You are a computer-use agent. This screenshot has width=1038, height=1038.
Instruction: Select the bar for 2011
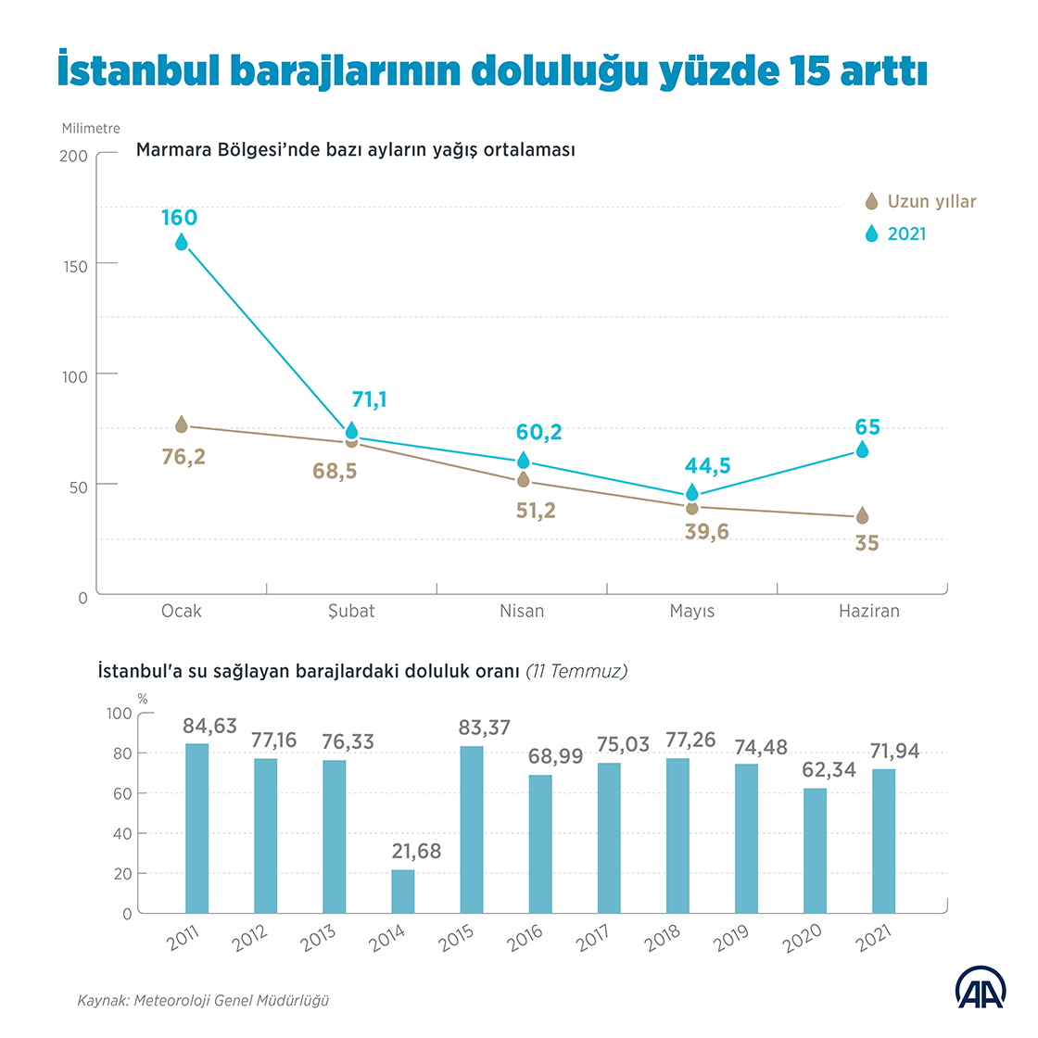(x=197, y=829)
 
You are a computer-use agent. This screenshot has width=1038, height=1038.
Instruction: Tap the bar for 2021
(x=883, y=842)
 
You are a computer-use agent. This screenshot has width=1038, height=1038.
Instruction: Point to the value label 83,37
(x=485, y=728)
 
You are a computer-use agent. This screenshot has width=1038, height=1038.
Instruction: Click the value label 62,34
(x=829, y=769)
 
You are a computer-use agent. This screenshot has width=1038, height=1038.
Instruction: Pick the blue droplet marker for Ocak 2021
(x=182, y=242)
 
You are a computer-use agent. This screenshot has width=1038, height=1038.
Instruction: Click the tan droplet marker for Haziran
(x=863, y=515)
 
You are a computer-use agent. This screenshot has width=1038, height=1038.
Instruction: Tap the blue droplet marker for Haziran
(x=863, y=449)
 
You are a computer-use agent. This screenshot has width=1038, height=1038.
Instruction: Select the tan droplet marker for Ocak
(x=182, y=424)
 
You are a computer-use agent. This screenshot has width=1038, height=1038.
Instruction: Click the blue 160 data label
(x=179, y=218)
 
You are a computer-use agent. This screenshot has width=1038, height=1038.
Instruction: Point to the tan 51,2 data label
(x=536, y=510)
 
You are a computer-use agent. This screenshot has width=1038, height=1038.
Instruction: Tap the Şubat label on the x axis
(x=351, y=611)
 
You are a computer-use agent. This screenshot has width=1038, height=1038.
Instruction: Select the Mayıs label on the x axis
(x=692, y=611)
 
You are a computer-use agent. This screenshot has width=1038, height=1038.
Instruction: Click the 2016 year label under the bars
(x=525, y=939)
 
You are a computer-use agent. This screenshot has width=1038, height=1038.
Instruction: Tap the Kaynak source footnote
(x=203, y=1001)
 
